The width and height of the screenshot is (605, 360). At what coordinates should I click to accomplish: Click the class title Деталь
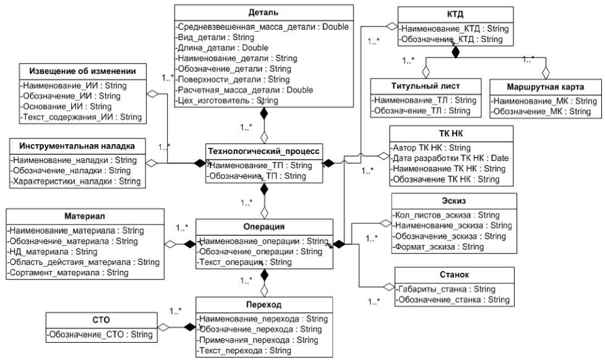[264, 12]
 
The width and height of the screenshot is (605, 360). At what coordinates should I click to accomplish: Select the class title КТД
[455, 15]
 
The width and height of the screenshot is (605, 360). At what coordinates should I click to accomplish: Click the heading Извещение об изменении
[82, 71]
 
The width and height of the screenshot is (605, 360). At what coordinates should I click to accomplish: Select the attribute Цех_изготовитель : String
[227, 100]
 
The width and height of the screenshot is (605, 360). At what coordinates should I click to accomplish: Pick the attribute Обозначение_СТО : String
[100, 335]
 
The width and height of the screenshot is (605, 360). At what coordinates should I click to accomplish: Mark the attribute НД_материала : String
[53, 252]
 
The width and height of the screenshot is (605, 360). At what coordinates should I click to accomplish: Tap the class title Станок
[453, 274]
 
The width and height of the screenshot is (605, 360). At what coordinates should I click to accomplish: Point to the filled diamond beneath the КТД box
[455, 52]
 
